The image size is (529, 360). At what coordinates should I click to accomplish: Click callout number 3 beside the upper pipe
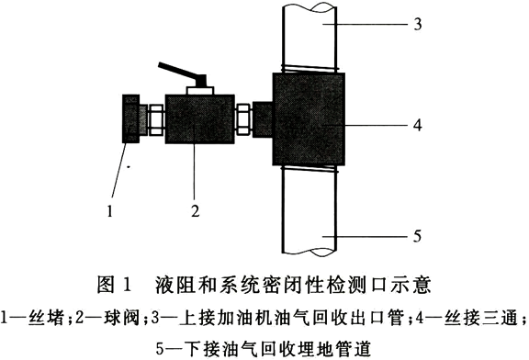point(418,24)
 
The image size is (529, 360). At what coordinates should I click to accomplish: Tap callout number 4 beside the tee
point(418,125)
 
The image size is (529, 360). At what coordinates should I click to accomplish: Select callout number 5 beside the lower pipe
point(418,236)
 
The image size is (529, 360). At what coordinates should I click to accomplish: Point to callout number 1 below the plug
point(109,211)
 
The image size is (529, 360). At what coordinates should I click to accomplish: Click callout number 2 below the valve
point(196,211)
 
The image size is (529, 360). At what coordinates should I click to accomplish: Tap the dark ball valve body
point(199,118)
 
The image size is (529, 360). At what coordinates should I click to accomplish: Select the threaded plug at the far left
point(133,118)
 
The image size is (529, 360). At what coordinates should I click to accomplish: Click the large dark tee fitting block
point(309,118)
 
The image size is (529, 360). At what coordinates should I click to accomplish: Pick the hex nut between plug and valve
point(156,119)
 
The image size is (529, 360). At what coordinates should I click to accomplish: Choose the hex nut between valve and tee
point(243,119)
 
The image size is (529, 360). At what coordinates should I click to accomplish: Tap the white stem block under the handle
point(199,90)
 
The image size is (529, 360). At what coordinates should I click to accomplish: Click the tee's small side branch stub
point(262,119)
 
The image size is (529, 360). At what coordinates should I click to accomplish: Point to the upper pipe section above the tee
point(310,36)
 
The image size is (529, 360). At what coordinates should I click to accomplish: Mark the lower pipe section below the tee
point(310,211)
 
